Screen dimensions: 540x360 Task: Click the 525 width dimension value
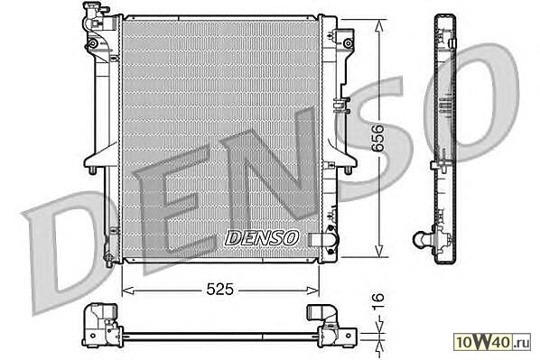click(x=219, y=290)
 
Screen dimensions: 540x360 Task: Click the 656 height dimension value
click(x=377, y=138)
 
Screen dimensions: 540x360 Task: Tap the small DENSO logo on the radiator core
click(x=262, y=238)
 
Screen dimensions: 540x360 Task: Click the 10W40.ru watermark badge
click(x=492, y=342)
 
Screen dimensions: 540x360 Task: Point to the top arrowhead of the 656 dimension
click(x=379, y=25)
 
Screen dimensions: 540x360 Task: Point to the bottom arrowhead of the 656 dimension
click(x=379, y=251)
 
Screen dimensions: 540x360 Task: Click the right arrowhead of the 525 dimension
click(x=312, y=291)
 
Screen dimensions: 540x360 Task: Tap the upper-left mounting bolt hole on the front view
click(x=92, y=43)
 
